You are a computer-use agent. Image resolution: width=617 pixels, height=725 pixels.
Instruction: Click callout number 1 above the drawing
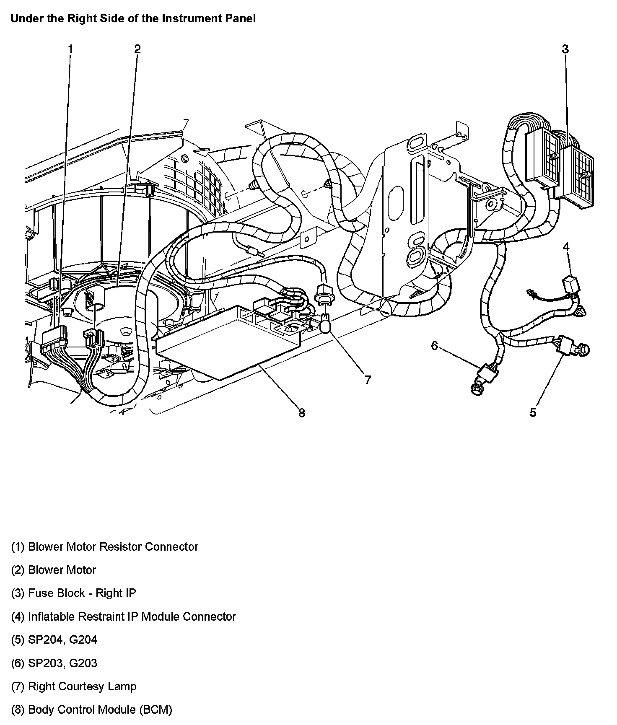coord(70,49)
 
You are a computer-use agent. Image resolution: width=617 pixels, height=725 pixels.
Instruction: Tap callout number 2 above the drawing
coord(137,49)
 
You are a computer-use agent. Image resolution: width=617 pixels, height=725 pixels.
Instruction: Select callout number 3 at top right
coord(565,49)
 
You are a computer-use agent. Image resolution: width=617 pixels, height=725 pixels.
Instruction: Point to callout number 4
coord(566,247)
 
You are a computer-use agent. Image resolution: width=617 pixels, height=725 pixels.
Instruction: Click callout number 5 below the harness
coord(533,412)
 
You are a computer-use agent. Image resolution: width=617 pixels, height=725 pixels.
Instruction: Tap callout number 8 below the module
coord(301,413)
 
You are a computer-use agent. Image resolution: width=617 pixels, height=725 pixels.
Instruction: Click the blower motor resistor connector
coord(54,337)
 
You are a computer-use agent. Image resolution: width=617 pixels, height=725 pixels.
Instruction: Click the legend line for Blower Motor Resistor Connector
coord(104,547)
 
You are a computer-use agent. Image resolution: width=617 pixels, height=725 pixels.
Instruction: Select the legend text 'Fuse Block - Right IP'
coord(74,593)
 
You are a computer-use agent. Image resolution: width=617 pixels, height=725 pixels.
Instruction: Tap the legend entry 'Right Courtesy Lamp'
coord(74,686)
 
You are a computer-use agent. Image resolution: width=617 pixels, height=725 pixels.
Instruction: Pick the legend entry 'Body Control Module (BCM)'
coord(91,710)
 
